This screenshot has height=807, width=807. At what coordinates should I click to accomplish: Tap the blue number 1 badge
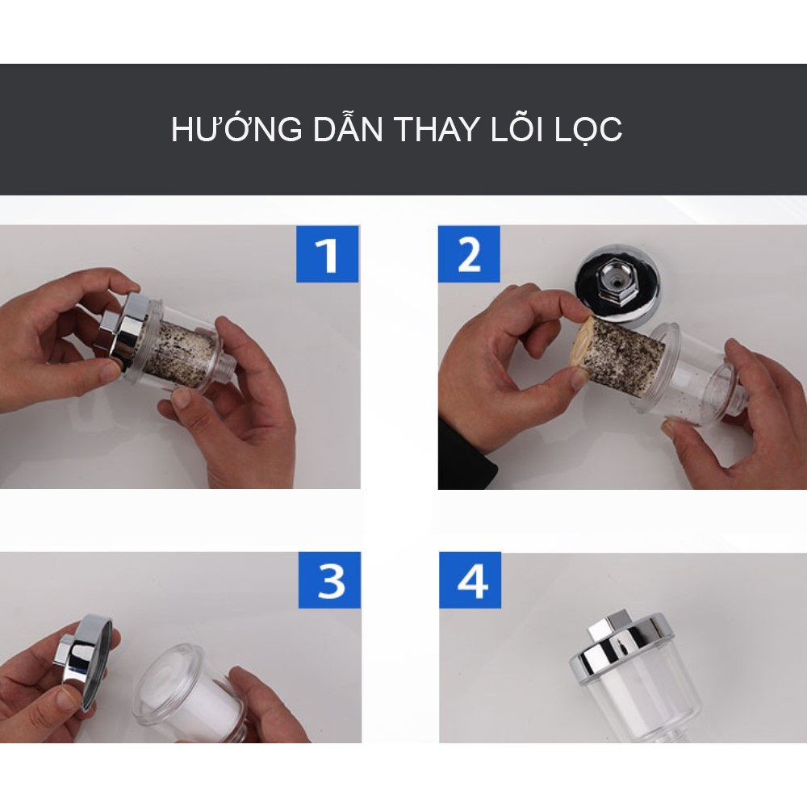(328, 253)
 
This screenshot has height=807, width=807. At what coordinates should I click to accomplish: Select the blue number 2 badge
(469, 254)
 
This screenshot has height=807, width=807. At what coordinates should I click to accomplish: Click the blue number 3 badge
(329, 580)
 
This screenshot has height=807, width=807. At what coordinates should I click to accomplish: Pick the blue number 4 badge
(470, 580)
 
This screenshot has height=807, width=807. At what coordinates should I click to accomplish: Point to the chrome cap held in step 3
(85, 659)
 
